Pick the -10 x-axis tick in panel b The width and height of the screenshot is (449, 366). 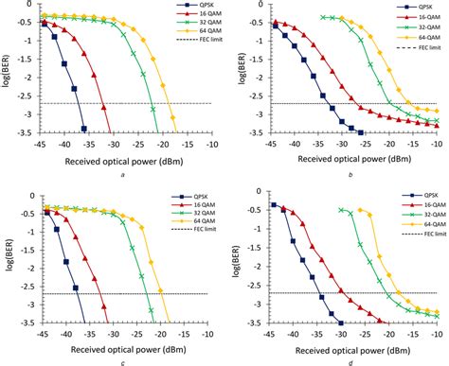coord(437,145)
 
